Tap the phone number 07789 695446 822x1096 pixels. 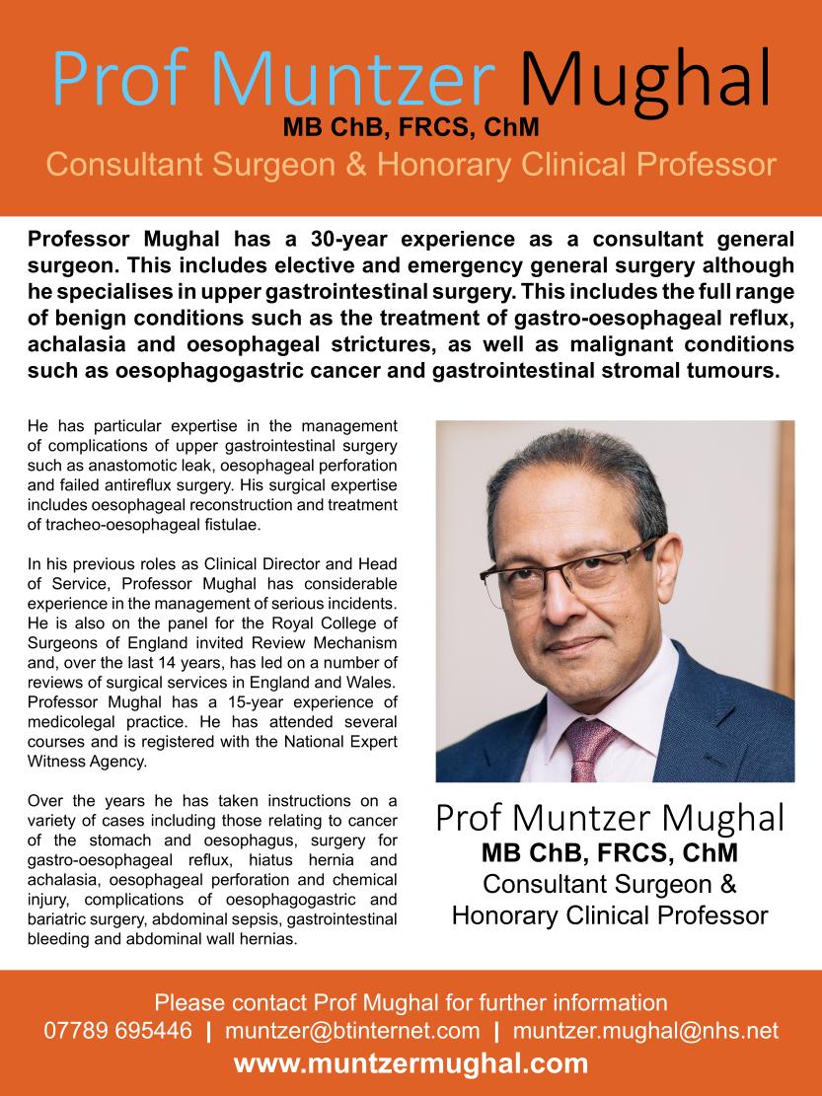coord(118,1032)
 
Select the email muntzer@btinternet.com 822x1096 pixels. coord(352,1032)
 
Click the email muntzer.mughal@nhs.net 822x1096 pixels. coord(646,1032)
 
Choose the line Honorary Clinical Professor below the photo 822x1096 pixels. coord(610,915)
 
